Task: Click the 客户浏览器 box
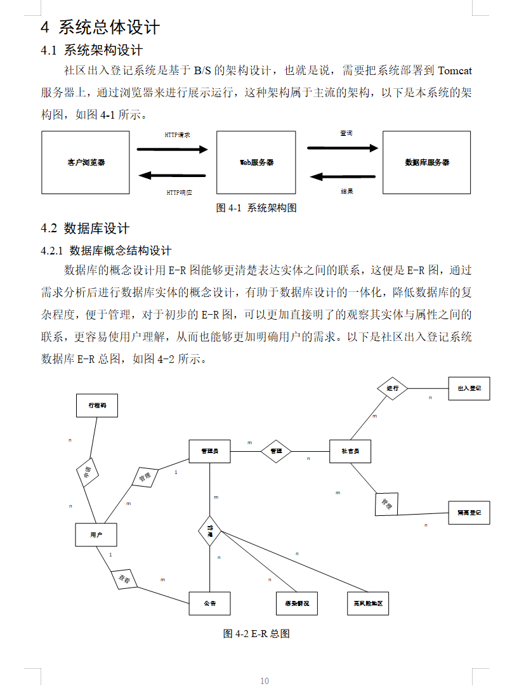(86, 162)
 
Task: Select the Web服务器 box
(256, 162)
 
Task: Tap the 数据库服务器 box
(426, 162)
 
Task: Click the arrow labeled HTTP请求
(173, 150)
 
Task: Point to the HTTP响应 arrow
(173, 176)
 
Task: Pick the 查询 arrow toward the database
(343, 148)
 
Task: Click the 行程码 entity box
(96, 405)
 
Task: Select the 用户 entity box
(96, 535)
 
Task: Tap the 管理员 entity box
(209, 451)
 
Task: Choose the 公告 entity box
(209, 603)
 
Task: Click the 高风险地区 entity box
(368, 603)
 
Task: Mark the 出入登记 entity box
(469, 388)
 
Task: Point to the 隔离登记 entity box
(469, 512)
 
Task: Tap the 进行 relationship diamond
(392, 388)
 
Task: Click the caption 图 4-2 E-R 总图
(256, 634)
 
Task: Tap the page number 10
(265, 681)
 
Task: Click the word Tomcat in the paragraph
(455, 70)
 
